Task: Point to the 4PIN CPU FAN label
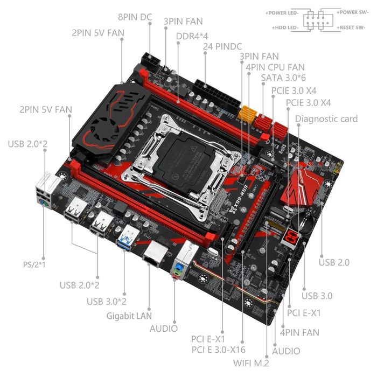coord(275,67)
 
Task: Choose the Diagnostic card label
coord(326,118)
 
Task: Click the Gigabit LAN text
coord(129,315)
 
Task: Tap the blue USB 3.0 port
coord(128,234)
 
